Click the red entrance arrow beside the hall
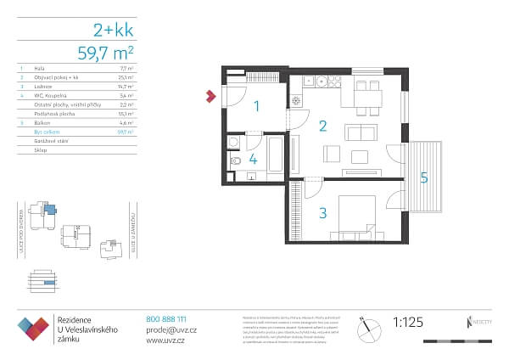(x=210, y=98)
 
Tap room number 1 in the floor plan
(x=258, y=106)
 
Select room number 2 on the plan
(x=322, y=127)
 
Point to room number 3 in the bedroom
(x=322, y=213)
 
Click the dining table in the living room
(x=366, y=93)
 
